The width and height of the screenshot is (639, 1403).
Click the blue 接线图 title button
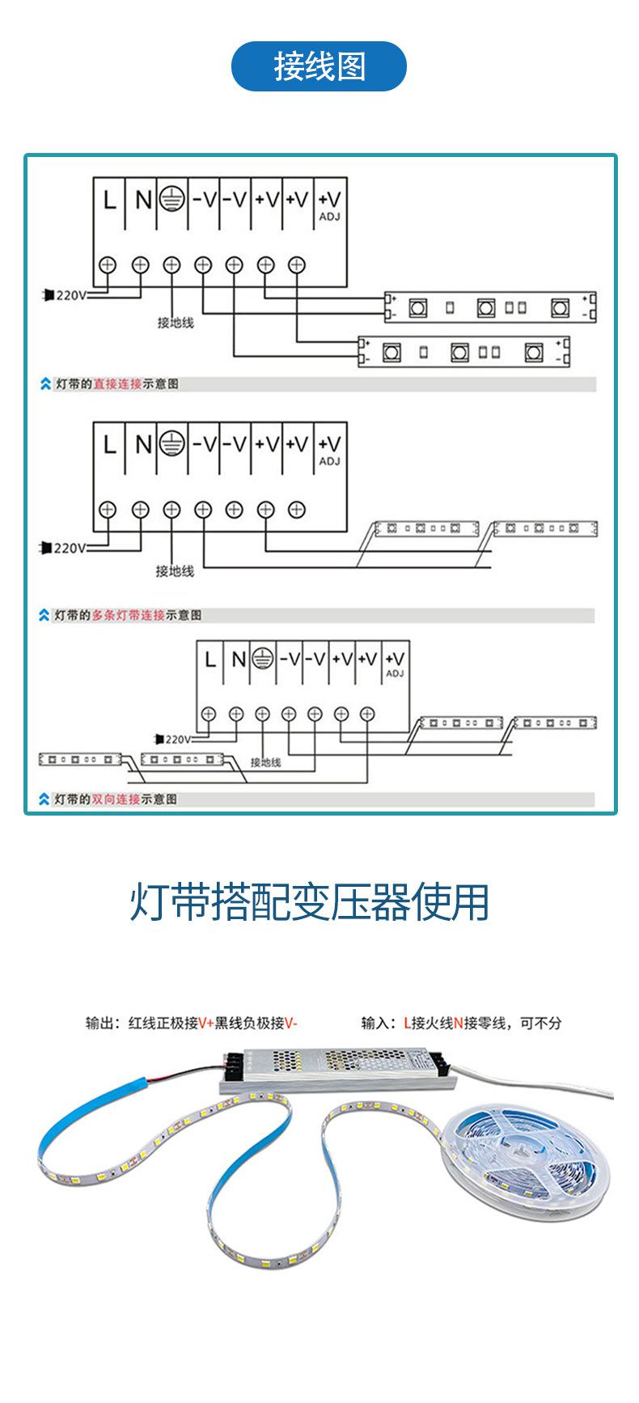point(319,66)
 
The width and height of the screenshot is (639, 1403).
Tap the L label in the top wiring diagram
point(109,200)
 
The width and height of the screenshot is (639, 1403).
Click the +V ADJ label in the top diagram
point(330,203)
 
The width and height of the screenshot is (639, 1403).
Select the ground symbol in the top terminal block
point(171,199)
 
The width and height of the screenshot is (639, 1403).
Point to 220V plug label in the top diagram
point(66,295)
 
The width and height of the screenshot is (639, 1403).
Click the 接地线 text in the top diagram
point(176,323)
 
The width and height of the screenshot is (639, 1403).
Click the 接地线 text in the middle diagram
point(175,571)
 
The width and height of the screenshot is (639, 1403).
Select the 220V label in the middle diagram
point(66,549)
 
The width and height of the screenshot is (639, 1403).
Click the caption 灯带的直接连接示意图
point(116,384)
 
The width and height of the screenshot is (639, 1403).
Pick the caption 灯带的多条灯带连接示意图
point(127,616)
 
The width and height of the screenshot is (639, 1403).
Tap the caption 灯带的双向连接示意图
point(115,799)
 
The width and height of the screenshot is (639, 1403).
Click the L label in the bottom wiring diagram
point(210,660)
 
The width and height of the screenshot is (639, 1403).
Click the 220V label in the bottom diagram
point(176,739)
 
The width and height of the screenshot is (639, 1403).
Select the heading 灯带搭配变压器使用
point(310,902)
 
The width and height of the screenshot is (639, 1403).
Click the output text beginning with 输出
point(192,1024)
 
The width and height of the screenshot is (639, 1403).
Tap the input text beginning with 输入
point(461,1024)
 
